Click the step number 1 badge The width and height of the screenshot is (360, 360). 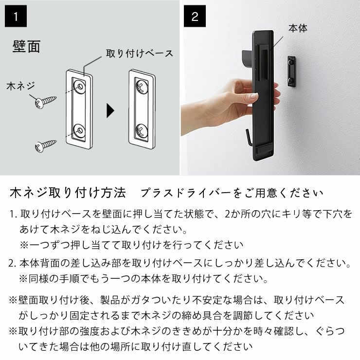[17, 17]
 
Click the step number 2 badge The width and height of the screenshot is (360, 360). [195, 17]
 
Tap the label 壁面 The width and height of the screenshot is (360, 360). [26, 47]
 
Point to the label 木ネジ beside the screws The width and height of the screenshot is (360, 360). [20, 87]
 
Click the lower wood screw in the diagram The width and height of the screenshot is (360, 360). [45, 144]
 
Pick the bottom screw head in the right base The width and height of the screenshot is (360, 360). [142, 130]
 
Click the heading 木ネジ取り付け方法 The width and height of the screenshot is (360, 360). [68, 193]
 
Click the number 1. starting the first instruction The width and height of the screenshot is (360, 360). [13, 214]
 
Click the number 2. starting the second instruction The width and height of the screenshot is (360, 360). [13, 264]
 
